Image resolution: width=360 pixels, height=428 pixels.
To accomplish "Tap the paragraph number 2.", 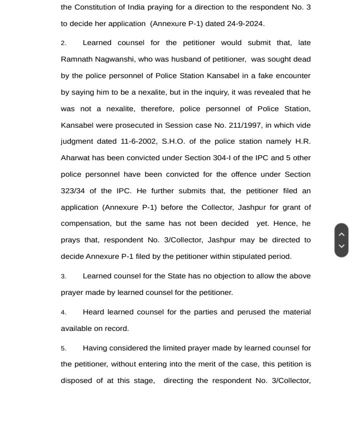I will [63, 43].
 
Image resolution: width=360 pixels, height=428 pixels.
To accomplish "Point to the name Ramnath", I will [77, 59].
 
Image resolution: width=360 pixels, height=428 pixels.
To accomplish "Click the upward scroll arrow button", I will [341, 234].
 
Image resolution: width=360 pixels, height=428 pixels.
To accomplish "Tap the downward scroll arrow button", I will [341, 246].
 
